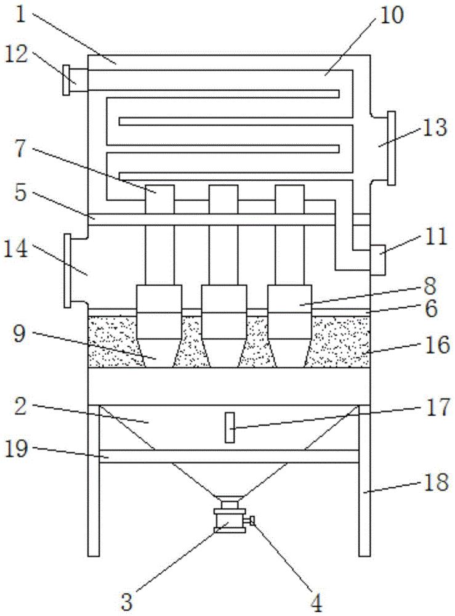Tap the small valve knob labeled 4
coord(251,522)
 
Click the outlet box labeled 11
coord(376,259)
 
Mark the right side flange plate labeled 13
coord(391,148)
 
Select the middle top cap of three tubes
coord(223,199)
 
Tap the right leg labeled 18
coord(364,480)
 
